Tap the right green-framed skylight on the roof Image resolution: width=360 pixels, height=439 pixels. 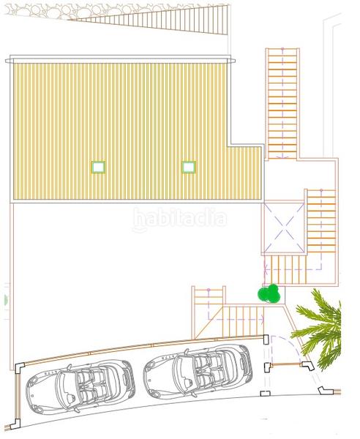(189, 167)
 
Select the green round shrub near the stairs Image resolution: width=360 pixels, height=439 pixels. (269, 293)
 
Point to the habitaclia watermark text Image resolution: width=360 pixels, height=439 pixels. (179, 218)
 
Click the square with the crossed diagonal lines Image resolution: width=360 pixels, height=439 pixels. (284, 228)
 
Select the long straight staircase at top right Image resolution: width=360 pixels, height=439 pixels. (282, 102)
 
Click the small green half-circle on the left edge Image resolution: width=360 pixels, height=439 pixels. (4, 299)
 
